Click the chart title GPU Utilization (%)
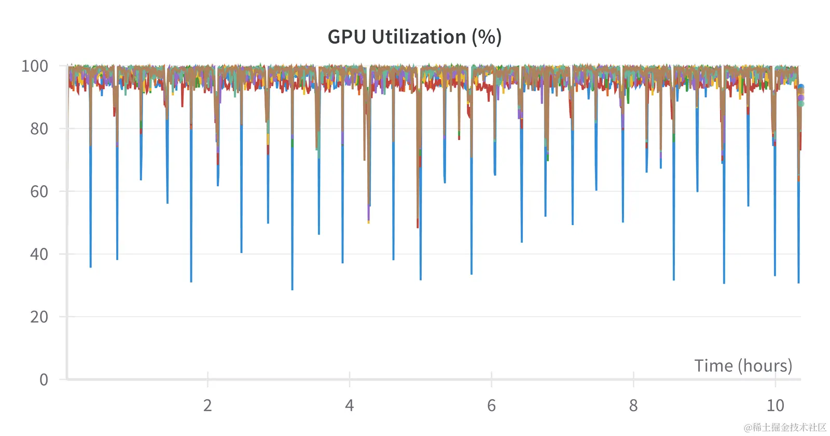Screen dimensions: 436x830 pos(414,37)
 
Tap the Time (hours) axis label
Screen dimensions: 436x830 pos(743,366)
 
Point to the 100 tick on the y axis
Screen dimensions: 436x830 pos(35,66)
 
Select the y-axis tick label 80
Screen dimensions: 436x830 pos(39,129)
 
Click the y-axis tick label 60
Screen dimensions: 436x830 pos(39,191)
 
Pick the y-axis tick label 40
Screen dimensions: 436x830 pos(39,254)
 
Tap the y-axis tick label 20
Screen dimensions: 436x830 pos(39,317)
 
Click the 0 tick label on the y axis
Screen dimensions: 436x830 pos(44,379)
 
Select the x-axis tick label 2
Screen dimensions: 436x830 pos(208,405)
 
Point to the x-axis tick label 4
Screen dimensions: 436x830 pos(350,405)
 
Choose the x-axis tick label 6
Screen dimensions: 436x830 pos(491,405)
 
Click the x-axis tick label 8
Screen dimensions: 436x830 pos(633,405)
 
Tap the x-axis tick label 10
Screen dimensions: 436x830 pos(776,405)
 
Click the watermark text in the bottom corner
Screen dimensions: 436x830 pos(785,427)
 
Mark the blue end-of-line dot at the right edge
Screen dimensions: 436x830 pos(801,88)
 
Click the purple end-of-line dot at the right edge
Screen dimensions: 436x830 pos(801,98)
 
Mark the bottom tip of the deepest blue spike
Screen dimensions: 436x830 pos(292,289)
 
